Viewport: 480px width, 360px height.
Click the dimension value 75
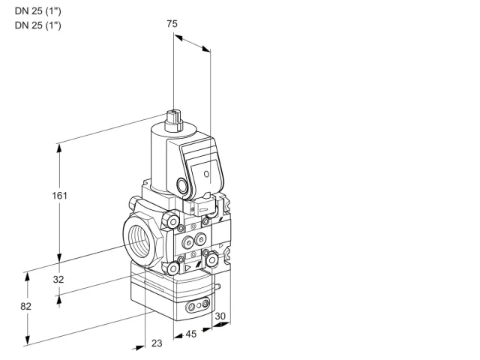(x=172, y=23)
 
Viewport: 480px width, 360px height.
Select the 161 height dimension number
(x=59, y=195)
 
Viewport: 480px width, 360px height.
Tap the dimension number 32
(x=58, y=279)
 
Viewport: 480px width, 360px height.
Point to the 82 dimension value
(x=25, y=306)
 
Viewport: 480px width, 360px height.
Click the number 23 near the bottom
(x=157, y=343)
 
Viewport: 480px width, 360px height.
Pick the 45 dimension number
(x=191, y=334)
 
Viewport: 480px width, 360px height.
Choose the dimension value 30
(x=220, y=316)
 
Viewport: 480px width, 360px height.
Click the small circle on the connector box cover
(x=206, y=174)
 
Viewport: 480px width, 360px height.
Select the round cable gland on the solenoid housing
(x=181, y=185)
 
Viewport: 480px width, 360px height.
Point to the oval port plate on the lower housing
(x=198, y=304)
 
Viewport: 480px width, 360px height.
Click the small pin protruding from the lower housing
(x=217, y=286)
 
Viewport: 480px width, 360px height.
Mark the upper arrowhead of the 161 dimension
(x=59, y=148)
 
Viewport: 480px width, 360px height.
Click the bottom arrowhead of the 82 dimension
(x=28, y=340)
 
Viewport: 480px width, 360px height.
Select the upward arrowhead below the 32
(x=58, y=301)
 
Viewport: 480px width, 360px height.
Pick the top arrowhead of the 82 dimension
(x=28, y=277)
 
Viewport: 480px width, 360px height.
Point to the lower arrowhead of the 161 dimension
(x=59, y=257)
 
